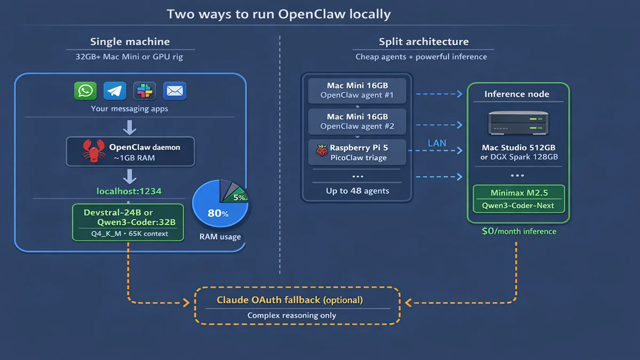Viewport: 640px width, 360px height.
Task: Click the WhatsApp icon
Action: point(85,91)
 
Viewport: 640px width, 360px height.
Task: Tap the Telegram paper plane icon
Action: point(115,91)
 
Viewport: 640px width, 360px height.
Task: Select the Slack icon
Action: point(144,91)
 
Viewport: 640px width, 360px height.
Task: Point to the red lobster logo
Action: point(94,151)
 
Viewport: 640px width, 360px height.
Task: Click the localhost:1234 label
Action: point(129,191)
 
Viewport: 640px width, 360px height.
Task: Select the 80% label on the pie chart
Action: point(218,213)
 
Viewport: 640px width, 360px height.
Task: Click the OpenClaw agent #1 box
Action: point(357,90)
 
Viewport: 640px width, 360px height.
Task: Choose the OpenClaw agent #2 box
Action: point(357,121)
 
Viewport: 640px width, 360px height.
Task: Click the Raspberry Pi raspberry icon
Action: point(322,151)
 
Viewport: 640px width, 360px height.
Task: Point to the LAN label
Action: point(437,143)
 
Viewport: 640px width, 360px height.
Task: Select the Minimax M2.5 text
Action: point(518,193)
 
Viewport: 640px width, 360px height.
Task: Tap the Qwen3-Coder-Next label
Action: point(518,205)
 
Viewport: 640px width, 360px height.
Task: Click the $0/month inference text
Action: point(518,231)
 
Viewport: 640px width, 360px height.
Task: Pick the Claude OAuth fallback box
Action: point(297,306)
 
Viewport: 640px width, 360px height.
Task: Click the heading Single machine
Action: point(130,42)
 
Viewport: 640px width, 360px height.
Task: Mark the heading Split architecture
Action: point(423,42)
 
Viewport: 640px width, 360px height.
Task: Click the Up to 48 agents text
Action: point(357,191)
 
